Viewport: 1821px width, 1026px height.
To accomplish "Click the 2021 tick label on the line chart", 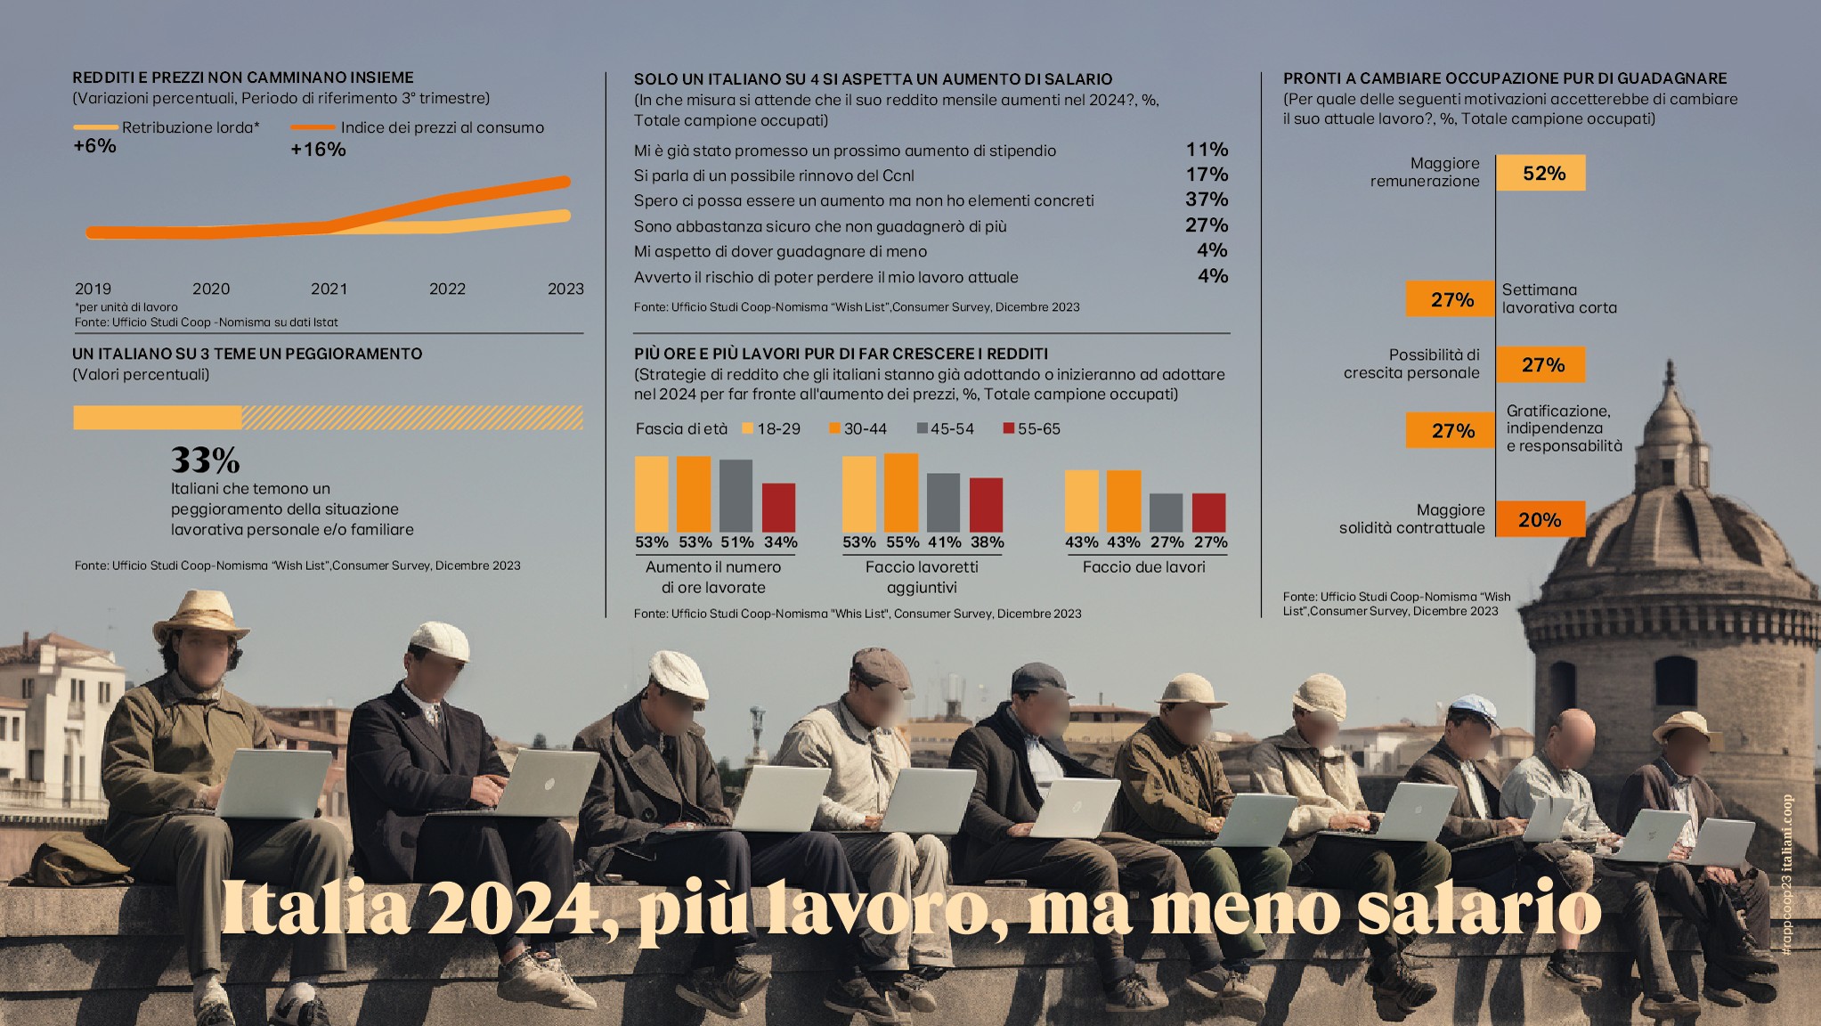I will pos(329,289).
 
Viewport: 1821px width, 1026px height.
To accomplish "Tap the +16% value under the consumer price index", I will pos(318,150).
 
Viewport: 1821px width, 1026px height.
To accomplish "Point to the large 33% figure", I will pos(205,460).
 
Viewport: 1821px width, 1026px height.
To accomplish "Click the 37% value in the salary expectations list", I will pos(1206,199).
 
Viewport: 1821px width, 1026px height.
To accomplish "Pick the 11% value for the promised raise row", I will pos(1206,150).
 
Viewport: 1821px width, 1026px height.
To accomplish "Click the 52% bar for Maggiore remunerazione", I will pos(1541,173).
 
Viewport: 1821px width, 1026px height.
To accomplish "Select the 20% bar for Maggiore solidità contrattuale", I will pos(1540,519).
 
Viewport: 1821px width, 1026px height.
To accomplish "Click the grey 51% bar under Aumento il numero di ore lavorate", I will pos(736,495).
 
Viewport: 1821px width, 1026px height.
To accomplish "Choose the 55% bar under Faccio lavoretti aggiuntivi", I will pos(901,493).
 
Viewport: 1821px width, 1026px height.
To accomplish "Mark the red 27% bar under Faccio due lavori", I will pos(1208,512).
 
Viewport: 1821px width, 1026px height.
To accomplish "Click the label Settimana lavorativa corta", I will pos(1558,298).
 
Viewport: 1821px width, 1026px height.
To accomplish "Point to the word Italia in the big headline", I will pos(315,908).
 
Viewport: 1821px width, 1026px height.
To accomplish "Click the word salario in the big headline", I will pos(1478,908).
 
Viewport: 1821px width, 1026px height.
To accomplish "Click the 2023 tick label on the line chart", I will pos(565,289).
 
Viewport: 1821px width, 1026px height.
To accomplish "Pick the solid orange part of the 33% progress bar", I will pos(157,418).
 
